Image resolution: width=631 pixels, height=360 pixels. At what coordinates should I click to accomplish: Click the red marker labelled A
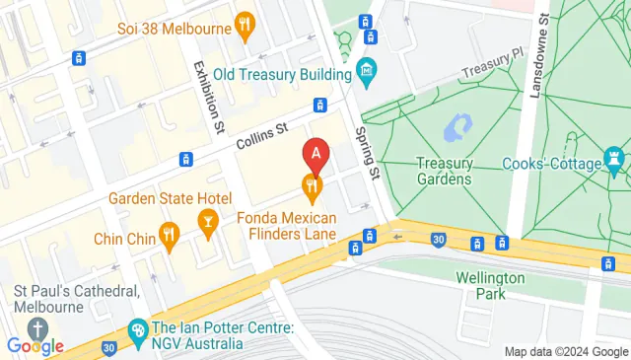(315, 154)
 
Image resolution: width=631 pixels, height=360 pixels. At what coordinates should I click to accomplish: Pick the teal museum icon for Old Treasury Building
(367, 72)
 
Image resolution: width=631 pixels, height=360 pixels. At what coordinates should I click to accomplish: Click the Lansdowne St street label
(540, 54)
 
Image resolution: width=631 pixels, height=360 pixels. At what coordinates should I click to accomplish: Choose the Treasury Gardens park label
(444, 171)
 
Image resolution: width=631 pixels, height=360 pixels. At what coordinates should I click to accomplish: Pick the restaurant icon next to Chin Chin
(170, 235)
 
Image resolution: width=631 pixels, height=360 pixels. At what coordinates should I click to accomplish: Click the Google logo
(35, 345)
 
